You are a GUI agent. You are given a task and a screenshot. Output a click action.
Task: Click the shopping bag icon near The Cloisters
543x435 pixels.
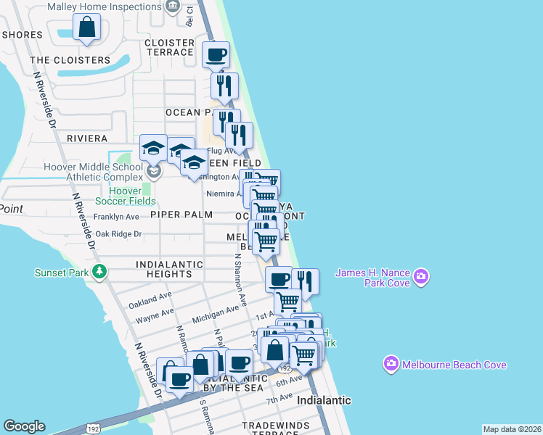[86, 28]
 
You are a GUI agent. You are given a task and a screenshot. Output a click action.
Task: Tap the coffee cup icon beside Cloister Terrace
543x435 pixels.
[216, 54]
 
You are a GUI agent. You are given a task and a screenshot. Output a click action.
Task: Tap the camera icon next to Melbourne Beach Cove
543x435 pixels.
[391, 364]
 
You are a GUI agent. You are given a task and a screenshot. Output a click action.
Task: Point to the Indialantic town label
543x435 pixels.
[324, 400]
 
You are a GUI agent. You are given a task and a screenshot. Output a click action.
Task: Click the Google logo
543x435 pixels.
[24, 426]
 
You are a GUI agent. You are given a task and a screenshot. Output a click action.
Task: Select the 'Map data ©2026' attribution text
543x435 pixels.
[512, 429]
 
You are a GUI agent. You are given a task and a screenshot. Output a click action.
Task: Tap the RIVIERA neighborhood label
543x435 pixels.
[87, 138]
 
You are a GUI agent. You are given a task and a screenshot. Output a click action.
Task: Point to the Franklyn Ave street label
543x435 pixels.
[116, 217]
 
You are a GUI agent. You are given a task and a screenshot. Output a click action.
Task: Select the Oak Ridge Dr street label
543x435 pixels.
[118, 234]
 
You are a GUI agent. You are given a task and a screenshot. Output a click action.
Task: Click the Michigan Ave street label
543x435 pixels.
[215, 315]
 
